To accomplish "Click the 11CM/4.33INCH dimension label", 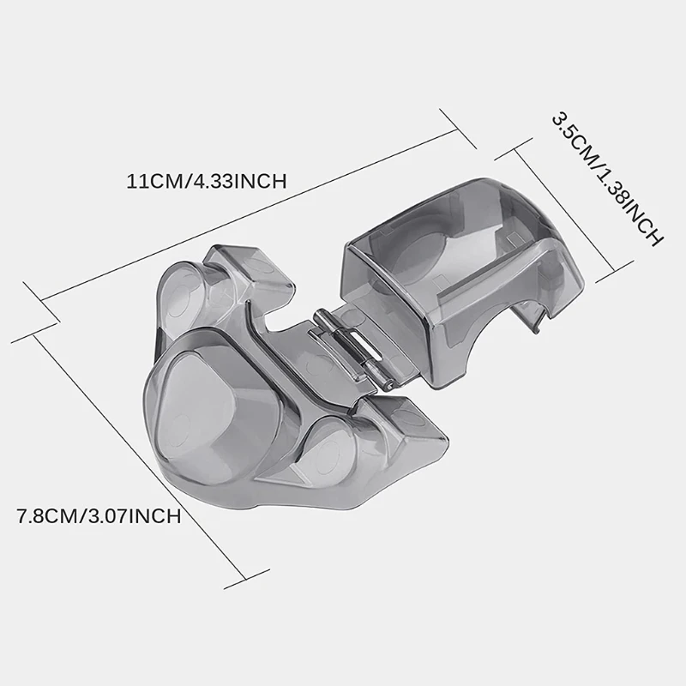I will coord(206,181).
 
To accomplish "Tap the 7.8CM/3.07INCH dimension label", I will coord(98,516).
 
